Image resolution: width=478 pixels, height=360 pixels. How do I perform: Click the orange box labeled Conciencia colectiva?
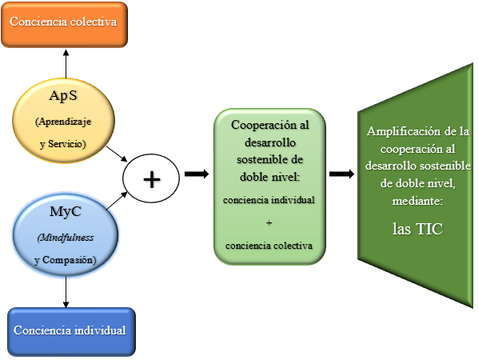[64, 25]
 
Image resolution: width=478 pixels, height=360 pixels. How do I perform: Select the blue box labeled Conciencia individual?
[71, 332]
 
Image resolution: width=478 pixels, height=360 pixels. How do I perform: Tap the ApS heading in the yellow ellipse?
[63, 96]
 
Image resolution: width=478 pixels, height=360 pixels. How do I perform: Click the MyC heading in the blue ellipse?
[66, 211]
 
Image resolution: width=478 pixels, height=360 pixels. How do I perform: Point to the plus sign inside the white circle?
[152, 179]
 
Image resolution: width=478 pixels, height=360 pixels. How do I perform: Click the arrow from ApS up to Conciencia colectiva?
[66, 64]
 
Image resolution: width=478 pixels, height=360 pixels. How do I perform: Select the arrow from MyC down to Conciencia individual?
[66, 292]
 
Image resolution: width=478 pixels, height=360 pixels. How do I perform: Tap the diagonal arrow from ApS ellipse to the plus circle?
[117, 154]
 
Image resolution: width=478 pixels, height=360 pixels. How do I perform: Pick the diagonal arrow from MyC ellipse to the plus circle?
[117, 201]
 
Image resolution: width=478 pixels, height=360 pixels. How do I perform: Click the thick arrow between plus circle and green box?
[197, 174]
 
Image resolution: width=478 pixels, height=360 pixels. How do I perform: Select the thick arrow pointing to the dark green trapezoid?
[342, 174]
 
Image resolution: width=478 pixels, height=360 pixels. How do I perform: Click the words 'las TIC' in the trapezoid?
[417, 229]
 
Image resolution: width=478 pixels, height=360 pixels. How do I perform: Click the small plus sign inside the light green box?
[269, 223]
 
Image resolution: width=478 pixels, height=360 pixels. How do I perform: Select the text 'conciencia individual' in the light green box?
[269, 200]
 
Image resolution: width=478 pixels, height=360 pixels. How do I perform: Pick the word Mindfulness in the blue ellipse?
[66, 238]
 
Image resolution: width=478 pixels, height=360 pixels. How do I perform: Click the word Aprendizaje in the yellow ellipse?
[63, 122]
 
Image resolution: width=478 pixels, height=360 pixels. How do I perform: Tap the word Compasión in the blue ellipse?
[69, 260]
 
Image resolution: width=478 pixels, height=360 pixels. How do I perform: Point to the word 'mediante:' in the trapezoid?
[417, 201]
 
